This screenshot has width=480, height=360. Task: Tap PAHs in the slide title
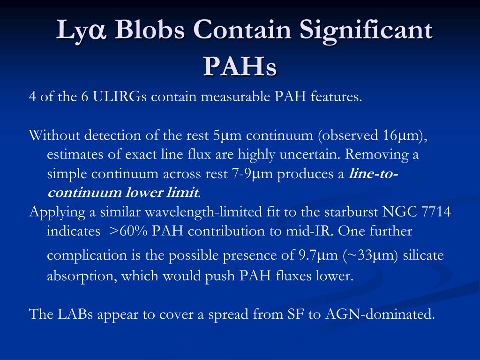(240, 66)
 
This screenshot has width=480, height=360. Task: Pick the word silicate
(424, 255)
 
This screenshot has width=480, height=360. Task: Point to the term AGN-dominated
(380, 314)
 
